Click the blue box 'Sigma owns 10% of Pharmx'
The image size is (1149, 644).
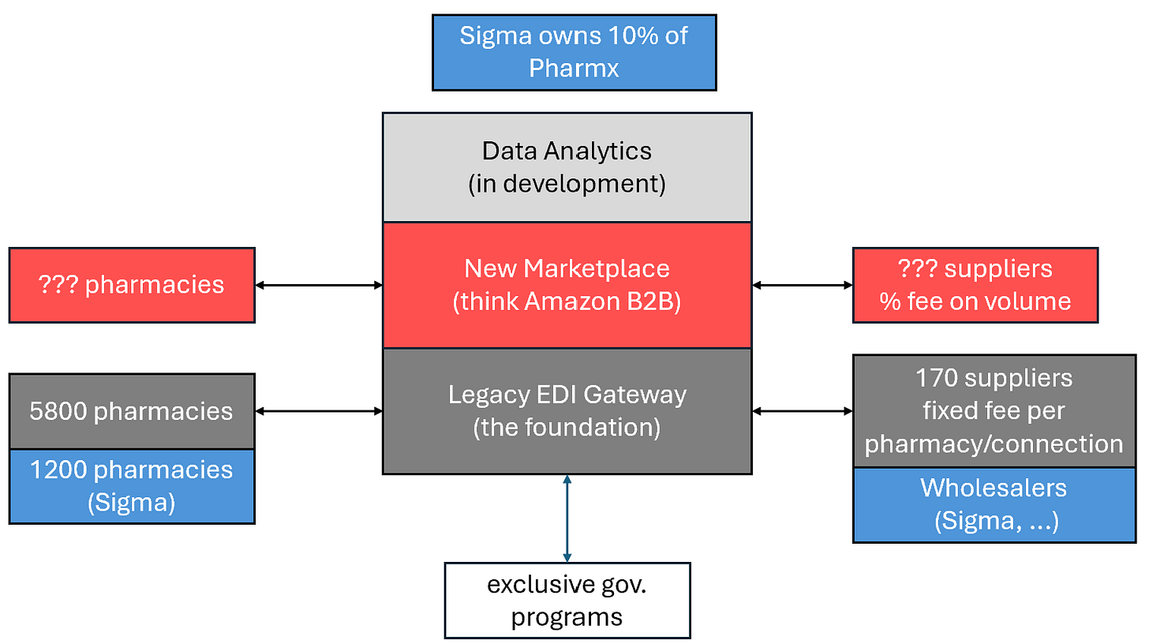574,52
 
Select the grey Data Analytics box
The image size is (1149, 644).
567,167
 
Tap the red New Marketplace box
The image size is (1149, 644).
567,285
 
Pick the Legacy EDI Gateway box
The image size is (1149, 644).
567,410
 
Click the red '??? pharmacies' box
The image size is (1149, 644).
132,285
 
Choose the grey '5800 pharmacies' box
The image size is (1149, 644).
132,411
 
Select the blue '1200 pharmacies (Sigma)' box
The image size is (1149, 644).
132,486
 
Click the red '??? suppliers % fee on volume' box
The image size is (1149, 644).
975,285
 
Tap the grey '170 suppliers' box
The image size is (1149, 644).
994,410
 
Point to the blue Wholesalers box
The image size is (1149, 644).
994,504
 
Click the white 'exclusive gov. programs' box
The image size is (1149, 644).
567,600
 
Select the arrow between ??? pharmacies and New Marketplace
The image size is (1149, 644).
319,285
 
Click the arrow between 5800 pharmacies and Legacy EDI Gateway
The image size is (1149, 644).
319,411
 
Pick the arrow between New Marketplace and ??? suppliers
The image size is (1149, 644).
802,285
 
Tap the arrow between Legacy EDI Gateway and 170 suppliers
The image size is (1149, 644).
802,411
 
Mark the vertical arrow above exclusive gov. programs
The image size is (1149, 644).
567,518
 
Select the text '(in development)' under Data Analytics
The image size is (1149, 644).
567,184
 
